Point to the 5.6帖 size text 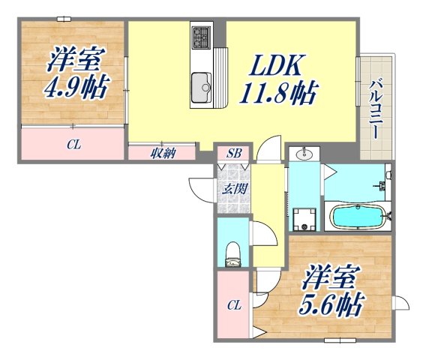(x=334, y=303)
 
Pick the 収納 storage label (x=162, y=154)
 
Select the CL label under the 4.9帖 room (x=73, y=144)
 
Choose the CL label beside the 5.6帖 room (x=233, y=305)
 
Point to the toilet (x=232, y=252)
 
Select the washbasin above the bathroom (x=304, y=155)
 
